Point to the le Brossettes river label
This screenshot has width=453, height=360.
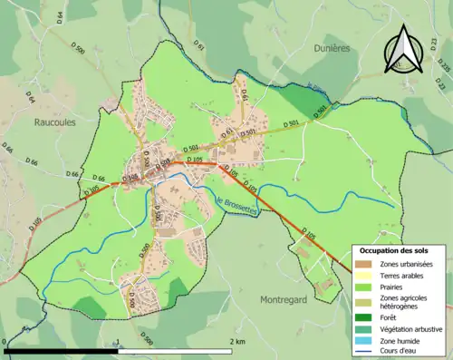(238, 206)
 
